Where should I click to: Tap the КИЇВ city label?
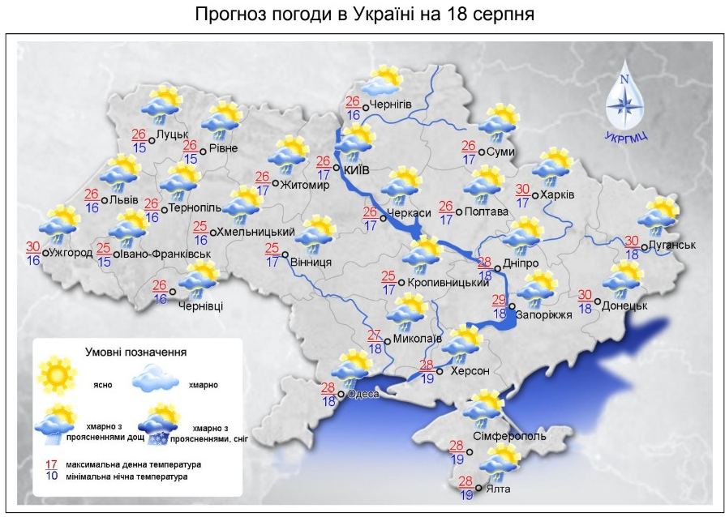pyautogui.click(x=357, y=170)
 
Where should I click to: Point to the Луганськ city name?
pyautogui.click(x=673, y=245)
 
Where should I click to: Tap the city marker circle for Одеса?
pyautogui.click(x=341, y=395)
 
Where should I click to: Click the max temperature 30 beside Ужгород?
pyautogui.click(x=32, y=246)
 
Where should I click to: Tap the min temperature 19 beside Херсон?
pyautogui.click(x=427, y=378)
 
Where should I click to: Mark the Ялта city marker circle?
pyautogui.click(x=478, y=488)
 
